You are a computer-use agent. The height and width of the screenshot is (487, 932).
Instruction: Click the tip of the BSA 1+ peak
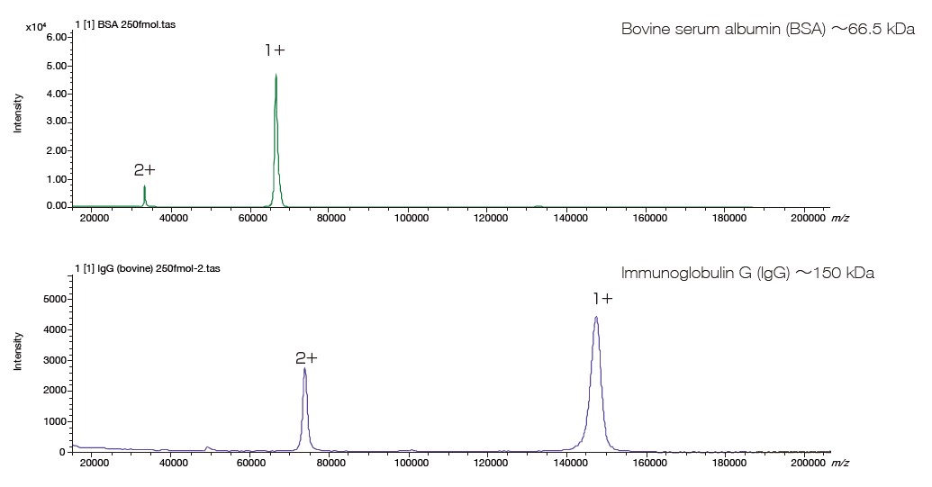tap(276, 76)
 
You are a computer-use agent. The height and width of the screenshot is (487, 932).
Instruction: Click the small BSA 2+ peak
tap(144, 187)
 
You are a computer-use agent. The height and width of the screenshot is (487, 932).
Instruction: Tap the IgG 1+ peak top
tap(596, 318)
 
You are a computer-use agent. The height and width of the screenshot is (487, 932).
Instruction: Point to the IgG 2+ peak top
tap(305, 369)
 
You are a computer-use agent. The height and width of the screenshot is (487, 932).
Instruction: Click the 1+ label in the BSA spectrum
tap(275, 51)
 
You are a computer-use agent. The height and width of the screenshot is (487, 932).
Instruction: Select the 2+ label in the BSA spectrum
tap(145, 170)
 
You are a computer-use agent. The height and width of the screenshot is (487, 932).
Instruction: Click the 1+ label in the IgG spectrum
tap(602, 299)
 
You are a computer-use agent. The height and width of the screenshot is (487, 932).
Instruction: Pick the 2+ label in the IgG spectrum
tap(306, 358)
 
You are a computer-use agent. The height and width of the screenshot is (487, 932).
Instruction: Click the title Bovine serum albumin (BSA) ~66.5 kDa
tap(767, 30)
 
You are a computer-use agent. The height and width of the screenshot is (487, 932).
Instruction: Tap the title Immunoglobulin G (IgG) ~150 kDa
tap(747, 273)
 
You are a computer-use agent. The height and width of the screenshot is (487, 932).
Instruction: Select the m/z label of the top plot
tap(839, 217)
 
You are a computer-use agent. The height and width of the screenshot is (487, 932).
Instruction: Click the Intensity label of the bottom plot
tap(17, 351)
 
